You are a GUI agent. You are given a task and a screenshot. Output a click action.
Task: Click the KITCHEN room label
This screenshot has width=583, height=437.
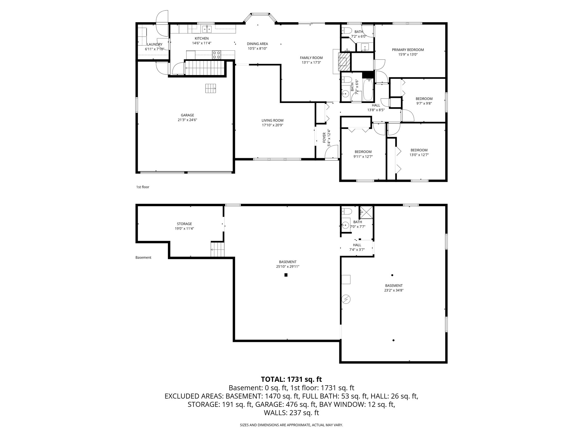[202, 38]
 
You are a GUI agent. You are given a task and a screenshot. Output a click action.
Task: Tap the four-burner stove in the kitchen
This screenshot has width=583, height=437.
[216, 54]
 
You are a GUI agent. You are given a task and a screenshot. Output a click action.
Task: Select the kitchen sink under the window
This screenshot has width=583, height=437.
[207, 29]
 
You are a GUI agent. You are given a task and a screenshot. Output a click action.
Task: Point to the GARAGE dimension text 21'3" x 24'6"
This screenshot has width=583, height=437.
[188, 120]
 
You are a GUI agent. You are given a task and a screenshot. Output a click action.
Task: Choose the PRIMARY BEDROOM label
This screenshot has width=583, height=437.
[408, 50]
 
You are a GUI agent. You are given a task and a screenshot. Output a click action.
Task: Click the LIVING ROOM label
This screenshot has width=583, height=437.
[272, 120]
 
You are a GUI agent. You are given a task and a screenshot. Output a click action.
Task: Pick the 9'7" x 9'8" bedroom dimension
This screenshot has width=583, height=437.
[424, 104]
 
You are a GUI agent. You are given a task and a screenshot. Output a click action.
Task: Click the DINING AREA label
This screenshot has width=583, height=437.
[257, 44]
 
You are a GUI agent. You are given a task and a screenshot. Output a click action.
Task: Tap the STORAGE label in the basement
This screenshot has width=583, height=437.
[184, 224]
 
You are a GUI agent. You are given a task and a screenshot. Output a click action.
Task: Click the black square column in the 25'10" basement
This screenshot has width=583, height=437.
[286, 275]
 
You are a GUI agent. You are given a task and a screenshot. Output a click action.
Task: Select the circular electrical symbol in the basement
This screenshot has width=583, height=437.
[346, 299]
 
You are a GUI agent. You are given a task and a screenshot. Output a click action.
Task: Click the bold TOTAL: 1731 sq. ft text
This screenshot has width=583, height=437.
[291, 379]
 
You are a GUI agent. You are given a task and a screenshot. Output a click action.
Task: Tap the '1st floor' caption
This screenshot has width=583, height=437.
[143, 187]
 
